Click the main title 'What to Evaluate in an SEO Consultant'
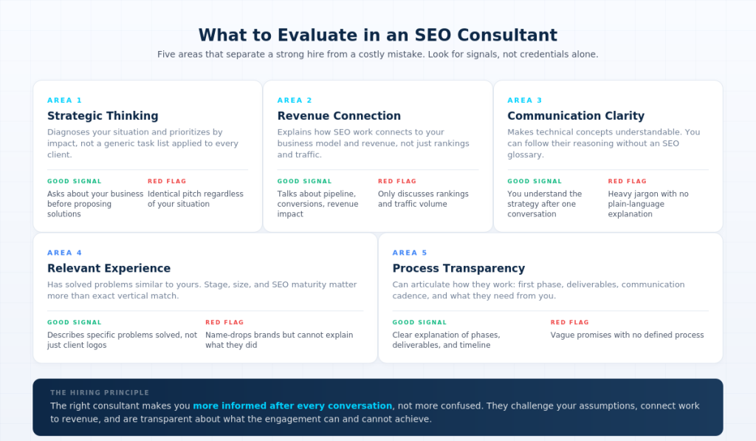377,35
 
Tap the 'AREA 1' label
65,100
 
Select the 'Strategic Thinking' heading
103,116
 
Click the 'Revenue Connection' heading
339,116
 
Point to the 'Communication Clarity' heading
576,116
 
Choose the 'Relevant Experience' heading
109,268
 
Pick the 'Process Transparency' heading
458,268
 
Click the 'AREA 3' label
525,100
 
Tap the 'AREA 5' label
410,253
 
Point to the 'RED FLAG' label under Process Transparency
569,322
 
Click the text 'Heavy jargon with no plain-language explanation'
648,204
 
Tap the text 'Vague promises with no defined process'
627,335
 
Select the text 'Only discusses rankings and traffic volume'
423,199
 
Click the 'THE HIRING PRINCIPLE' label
100,392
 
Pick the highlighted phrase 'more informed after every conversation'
292,406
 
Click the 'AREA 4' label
65,253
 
